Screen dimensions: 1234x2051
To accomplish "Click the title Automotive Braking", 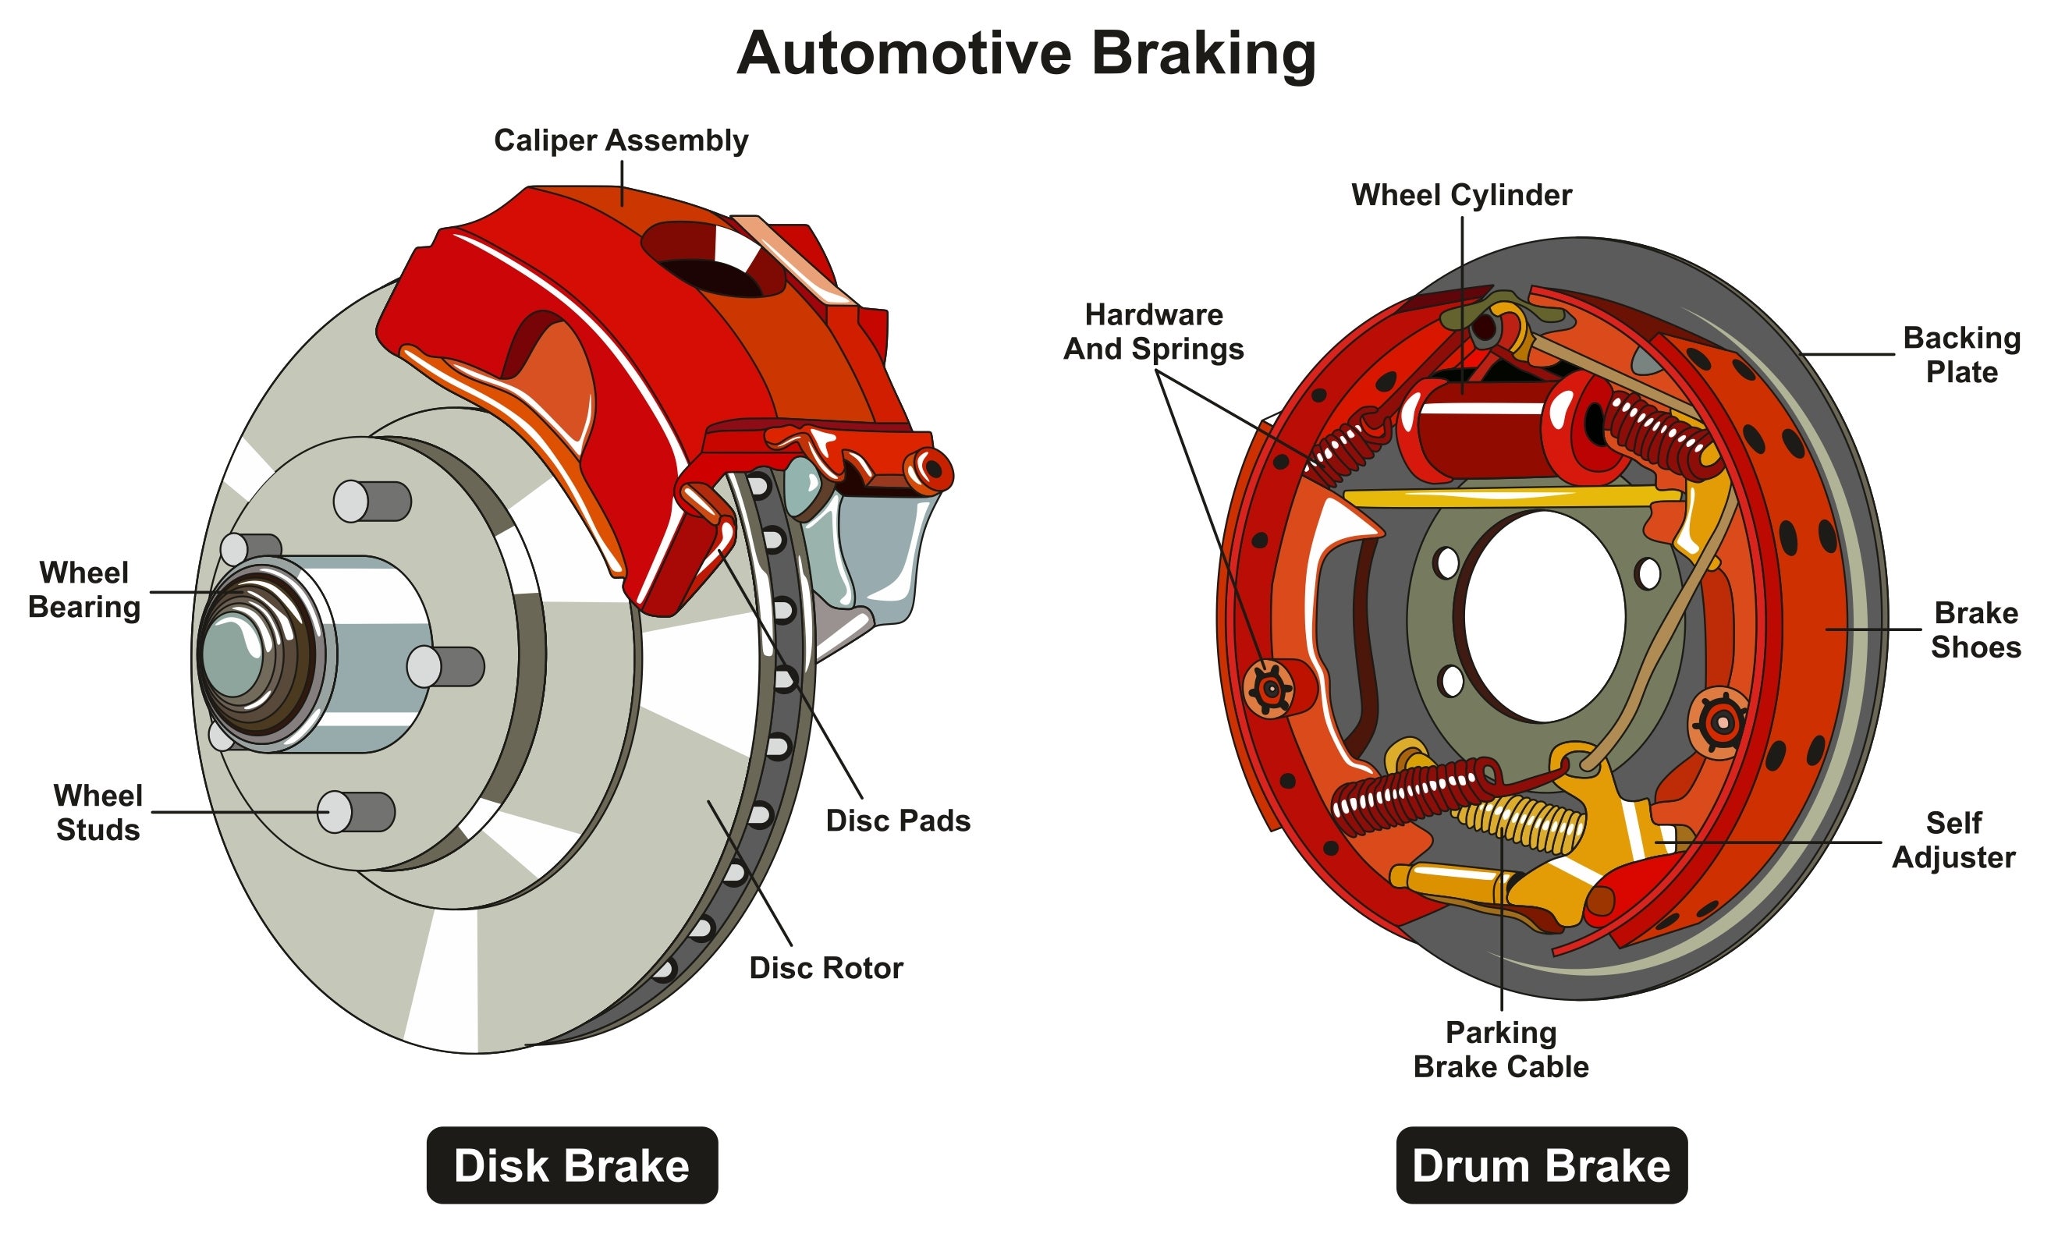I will (x=1025, y=53).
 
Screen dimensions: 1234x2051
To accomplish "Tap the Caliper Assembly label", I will (x=620, y=140).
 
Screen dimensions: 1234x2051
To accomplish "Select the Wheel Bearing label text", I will (x=84, y=590).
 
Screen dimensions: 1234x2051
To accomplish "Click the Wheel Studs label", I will (x=98, y=813).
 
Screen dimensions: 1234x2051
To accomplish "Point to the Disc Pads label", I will (x=897, y=821).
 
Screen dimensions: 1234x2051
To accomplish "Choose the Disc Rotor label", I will (x=825, y=968).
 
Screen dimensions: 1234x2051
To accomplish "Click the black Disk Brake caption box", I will (x=571, y=1165).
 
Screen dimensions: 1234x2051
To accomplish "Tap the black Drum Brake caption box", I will (x=1540, y=1165).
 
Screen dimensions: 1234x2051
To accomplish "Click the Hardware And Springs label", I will (x=1153, y=331).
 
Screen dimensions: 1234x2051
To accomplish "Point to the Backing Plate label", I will (x=1961, y=354).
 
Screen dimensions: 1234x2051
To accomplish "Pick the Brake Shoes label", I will (x=1975, y=629).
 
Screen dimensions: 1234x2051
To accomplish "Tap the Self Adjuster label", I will (x=1953, y=840).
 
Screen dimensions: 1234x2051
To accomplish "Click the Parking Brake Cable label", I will (x=1500, y=1049).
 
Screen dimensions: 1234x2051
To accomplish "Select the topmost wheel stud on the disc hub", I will (x=370, y=502).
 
